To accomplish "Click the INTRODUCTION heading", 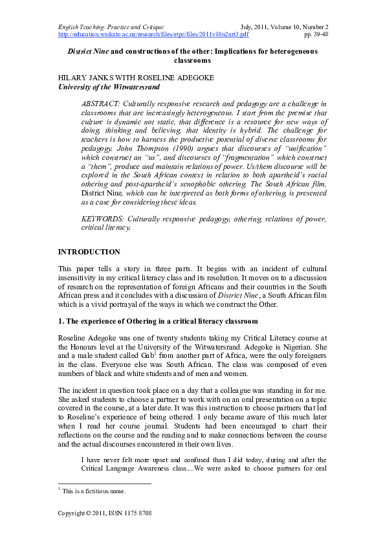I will [x=89, y=251].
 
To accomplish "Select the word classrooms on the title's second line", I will [x=192, y=60].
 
